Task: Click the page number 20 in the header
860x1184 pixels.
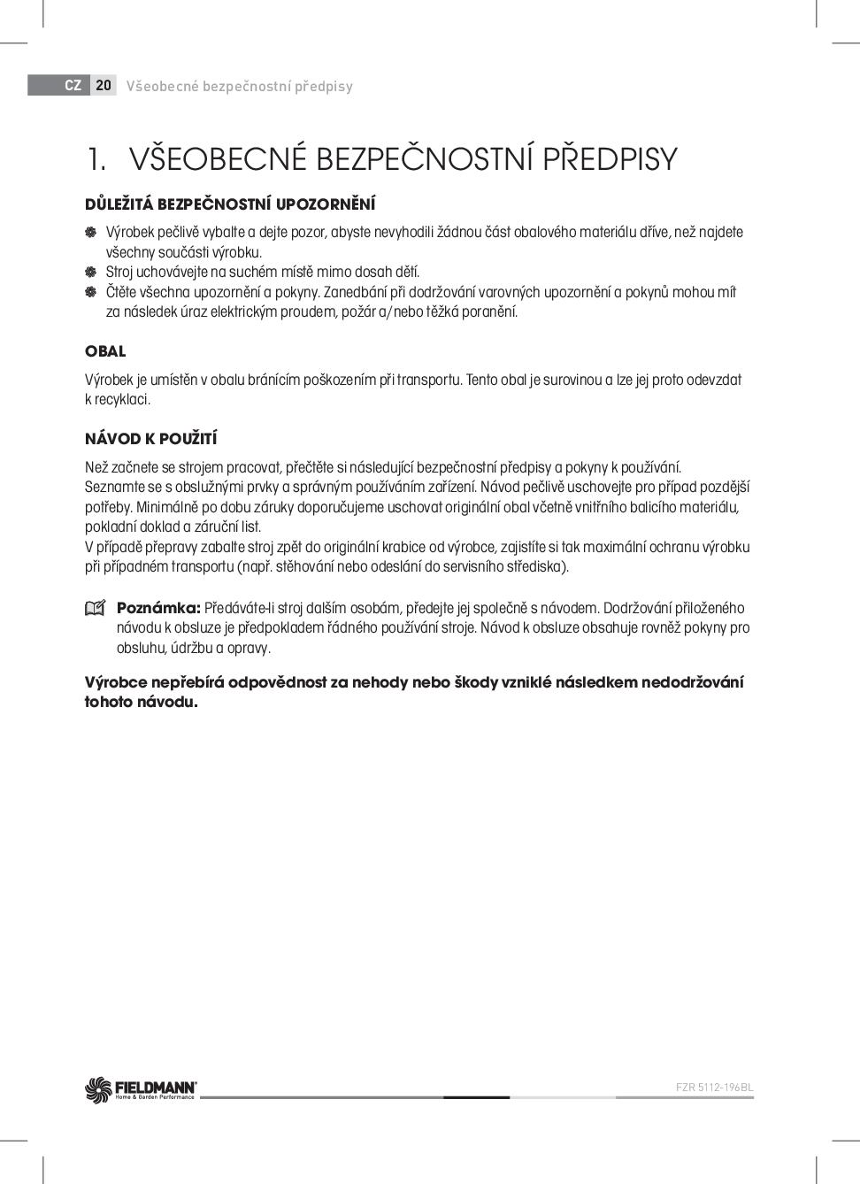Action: [x=104, y=86]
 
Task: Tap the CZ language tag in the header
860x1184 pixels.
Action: [x=73, y=86]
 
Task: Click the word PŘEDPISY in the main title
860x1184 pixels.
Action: [x=610, y=159]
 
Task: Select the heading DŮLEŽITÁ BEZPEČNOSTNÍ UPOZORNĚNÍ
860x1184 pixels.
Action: [x=230, y=204]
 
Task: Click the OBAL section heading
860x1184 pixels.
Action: [x=105, y=351]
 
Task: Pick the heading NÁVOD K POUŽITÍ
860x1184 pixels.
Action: [x=151, y=439]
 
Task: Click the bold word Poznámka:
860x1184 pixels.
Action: [x=158, y=608]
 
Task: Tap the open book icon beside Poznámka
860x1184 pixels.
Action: [x=95, y=609]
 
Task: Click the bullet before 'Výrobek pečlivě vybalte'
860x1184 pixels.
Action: [x=90, y=232]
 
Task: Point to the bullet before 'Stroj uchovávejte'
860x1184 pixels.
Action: [x=90, y=272]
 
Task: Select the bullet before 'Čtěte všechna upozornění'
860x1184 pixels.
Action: [x=90, y=292]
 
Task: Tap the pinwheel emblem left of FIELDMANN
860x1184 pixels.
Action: [x=98, y=1090]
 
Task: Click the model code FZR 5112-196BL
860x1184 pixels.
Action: [x=714, y=1088]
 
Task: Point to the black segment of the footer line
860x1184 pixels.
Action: [x=476, y=1097]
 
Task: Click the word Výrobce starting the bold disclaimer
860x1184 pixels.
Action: [x=117, y=682]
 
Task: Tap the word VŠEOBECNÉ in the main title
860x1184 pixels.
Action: [x=217, y=159]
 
